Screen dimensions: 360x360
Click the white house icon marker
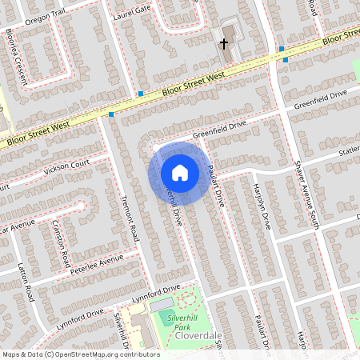click(180, 172)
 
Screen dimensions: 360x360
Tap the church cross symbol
click(225, 43)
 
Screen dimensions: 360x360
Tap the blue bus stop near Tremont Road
click(111, 114)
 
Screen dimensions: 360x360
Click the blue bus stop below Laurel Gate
click(140, 94)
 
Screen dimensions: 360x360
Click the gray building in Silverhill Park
click(161, 305)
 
